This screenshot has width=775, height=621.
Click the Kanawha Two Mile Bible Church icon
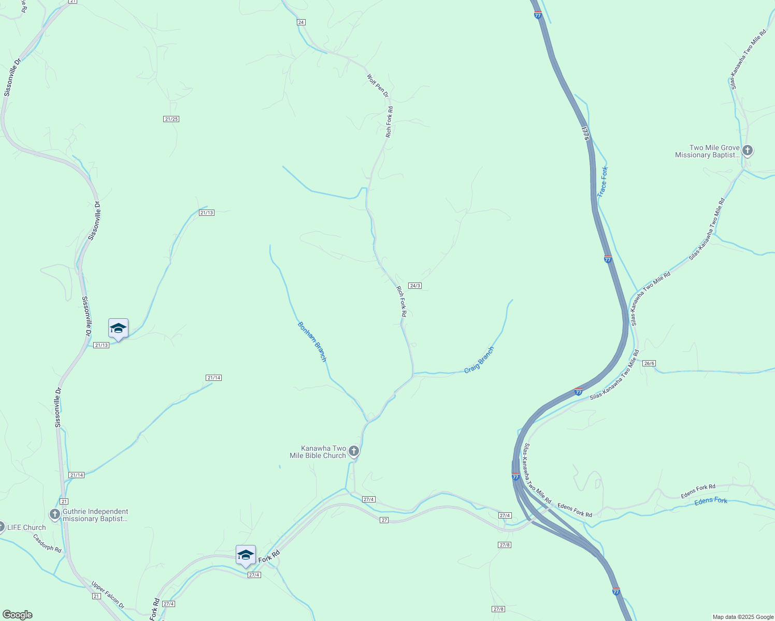[354, 451]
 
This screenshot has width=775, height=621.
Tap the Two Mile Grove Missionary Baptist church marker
[747, 151]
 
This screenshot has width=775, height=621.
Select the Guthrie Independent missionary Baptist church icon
[55, 514]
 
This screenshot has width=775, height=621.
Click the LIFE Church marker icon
[2, 527]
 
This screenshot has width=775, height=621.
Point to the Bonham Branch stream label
[312, 342]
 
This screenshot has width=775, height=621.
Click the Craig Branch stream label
[479, 360]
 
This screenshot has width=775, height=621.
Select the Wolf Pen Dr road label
[378, 86]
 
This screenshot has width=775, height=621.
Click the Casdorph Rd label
[47, 543]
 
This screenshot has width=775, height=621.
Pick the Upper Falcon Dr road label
[108, 595]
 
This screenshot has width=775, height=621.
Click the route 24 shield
[301, 22]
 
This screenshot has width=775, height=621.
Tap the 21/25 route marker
[171, 119]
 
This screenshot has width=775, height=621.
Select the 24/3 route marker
[414, 286]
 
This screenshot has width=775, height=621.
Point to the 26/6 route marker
[649, 363]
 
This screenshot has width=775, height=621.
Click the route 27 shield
[384, 520]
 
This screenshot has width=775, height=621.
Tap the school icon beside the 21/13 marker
[118, 328]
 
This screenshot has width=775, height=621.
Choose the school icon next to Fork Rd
[246, 555]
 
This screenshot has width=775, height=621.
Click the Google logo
[17, 615]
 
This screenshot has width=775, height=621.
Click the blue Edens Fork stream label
[711, 501]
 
